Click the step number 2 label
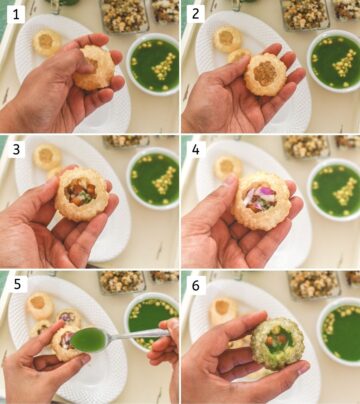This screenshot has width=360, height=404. point(197,15)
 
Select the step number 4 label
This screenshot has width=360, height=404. point(197,150)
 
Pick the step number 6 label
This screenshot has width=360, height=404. point(197,285)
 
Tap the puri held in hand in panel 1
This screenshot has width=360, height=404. point(94,68)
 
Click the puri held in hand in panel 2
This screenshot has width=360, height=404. point(265,75)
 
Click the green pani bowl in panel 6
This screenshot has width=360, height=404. point(340,330)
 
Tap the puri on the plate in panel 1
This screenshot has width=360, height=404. point(47,41)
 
